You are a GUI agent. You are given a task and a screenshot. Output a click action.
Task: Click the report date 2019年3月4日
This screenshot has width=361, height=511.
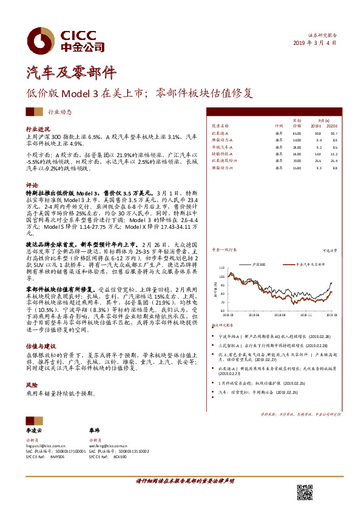pos(315,42)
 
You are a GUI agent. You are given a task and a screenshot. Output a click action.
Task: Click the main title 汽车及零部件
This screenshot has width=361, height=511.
pos(70,73)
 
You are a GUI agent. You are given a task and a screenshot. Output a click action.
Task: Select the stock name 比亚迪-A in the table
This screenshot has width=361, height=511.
pos(219,132)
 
